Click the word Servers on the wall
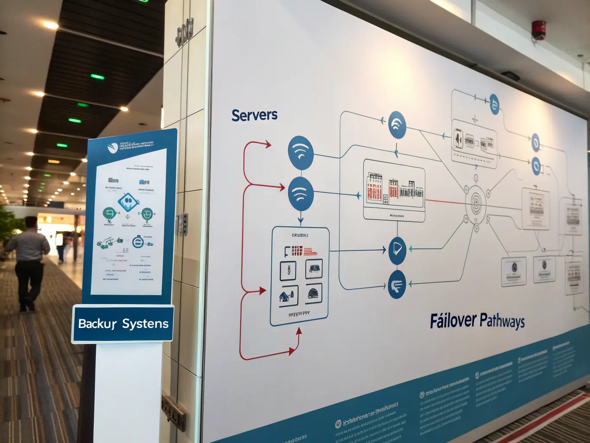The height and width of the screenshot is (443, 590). (254, 115)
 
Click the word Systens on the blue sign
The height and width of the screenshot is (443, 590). (145, 324)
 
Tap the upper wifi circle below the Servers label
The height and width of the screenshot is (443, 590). (300, 153)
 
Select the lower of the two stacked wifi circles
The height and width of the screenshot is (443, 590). (300, 193)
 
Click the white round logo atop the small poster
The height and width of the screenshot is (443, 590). (112, 148)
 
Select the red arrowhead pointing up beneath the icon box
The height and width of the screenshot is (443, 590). (299, 331)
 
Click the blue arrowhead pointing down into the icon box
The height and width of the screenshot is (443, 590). (300, 220)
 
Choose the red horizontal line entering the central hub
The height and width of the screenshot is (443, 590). (445, 202)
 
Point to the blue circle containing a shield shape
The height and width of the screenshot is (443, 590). (397, 250)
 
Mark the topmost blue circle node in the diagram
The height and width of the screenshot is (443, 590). (494, 104)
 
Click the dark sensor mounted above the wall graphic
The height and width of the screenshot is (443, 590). (510, 76)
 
